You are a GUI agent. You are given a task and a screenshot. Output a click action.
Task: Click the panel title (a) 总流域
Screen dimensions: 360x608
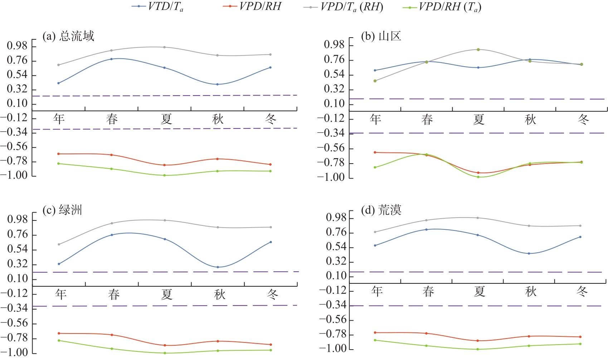tap(68, 36)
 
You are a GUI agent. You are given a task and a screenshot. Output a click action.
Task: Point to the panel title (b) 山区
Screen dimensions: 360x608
tap(381, 36)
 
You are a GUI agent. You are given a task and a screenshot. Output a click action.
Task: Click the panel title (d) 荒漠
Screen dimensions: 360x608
tap(381, 210)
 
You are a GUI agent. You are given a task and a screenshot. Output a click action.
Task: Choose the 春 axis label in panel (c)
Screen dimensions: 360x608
tap(114, 295)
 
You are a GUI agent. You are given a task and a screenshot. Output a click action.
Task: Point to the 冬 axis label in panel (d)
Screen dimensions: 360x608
tap(582, 292)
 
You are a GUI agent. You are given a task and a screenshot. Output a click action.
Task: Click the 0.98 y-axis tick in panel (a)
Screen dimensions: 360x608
tap(17, 46)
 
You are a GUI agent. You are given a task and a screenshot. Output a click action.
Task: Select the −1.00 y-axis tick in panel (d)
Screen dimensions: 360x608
tap(335, 349)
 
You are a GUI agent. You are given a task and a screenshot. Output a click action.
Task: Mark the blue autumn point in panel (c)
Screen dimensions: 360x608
tap(218, 267)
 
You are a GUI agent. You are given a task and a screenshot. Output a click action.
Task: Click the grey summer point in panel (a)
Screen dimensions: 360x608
tap(165, 47)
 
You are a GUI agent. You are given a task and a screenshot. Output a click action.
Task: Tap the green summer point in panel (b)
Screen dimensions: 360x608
tap(478, 177)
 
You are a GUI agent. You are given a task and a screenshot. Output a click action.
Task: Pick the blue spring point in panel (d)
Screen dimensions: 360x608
tap(426, 229)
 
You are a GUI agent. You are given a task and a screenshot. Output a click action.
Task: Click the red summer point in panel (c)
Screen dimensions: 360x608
tap(165, 345)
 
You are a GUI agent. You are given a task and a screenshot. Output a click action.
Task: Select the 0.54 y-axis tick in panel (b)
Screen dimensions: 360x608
tap(334, 75)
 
